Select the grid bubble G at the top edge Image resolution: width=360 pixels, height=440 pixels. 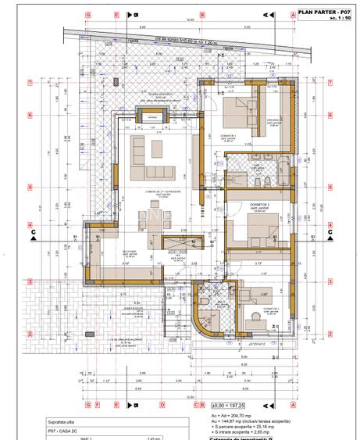point(88,14)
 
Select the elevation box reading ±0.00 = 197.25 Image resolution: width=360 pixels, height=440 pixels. point(231,404)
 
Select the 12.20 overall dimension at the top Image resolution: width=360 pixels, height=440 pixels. point(190,20)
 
